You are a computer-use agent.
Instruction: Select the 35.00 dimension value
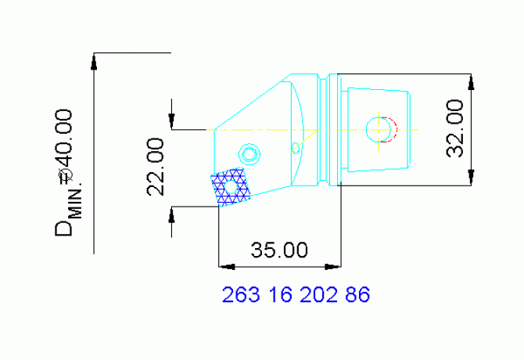click(279, 250)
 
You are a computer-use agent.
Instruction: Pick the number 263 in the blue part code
click(242, 296)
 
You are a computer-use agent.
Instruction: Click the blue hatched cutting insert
click(230, 188)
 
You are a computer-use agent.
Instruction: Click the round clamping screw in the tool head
click(250, 152)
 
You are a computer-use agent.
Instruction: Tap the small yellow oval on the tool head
click(296, 147)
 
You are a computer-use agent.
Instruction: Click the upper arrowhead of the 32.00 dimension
click(470, 81)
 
